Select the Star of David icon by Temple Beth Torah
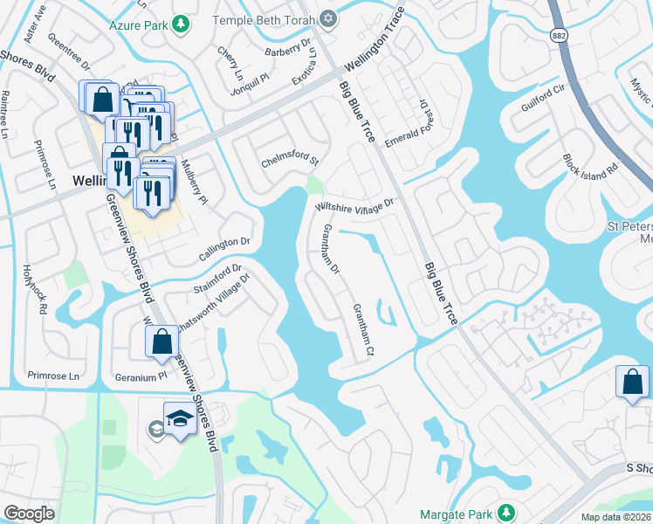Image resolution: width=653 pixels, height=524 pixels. (x=329, y=17)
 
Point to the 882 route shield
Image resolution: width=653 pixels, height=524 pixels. (x=558, y=33)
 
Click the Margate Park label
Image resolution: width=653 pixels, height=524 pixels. (x=456, y=513)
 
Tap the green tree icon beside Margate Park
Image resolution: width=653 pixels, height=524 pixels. (x=505, y=512)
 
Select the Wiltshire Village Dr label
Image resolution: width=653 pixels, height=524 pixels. (x=354, y=204)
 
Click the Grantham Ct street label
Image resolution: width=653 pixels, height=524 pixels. (x=363, y=329)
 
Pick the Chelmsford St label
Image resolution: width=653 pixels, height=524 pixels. (x=291, y=162)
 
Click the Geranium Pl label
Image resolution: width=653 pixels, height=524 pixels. (x=141, y=376)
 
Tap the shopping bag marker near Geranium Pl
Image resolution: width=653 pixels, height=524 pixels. (x=162, y=341)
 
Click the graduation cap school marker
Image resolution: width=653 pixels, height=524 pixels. (x=179, y=420)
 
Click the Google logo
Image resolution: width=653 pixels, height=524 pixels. (x=29, y=514)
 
